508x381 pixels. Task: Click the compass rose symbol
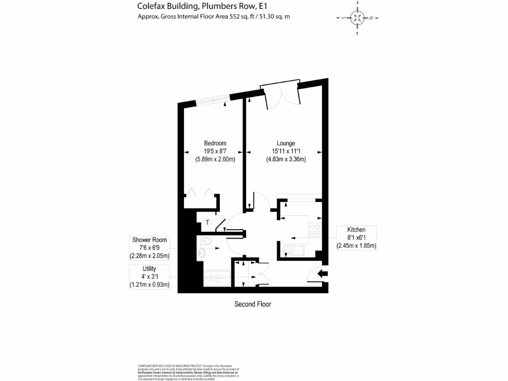pos(357,18)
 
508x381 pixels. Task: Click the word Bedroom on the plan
pos(215,143)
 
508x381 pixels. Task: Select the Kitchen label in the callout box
pos(356,230)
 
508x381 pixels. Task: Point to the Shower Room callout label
pos(149,240)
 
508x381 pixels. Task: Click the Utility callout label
pos(149,268)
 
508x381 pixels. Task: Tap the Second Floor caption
pos(253,304)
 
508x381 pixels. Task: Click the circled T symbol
pos(207,222)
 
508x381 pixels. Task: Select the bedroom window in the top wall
pos(212,100)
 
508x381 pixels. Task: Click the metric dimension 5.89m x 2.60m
pos(215,159)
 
